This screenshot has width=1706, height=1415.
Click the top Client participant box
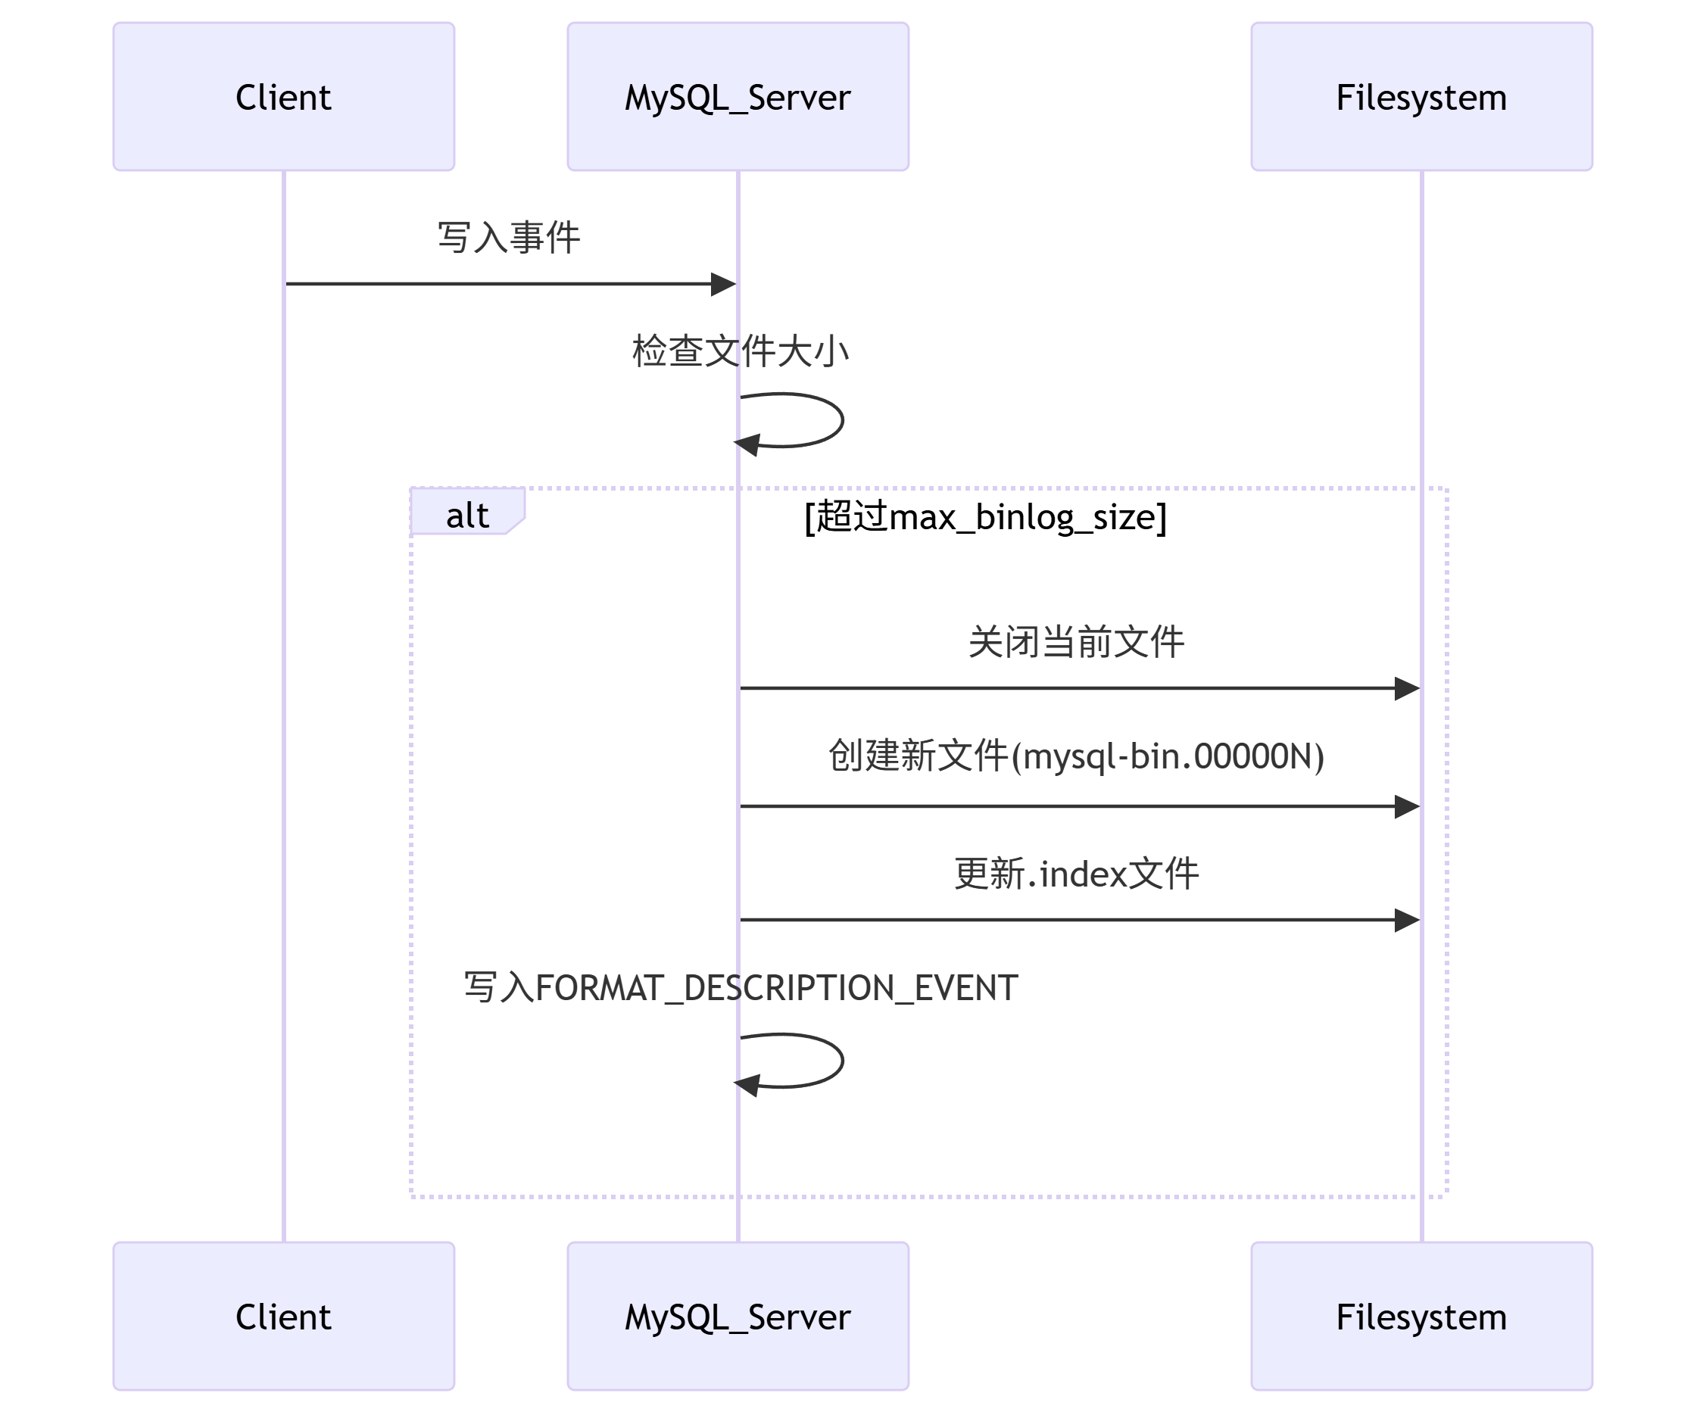(283, 97)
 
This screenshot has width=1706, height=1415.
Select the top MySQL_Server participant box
(738, 97)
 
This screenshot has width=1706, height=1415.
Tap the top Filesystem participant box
(1421, 97)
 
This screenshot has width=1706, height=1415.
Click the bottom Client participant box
(283, 1315)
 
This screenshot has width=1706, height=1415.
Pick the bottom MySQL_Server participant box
(738, 1315)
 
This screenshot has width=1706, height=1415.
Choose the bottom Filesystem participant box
(1421, 1315)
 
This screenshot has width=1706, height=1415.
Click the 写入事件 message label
(509, 238)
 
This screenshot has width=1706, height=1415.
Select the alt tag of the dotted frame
(467, 515)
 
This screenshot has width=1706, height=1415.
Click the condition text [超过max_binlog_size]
(984, 516)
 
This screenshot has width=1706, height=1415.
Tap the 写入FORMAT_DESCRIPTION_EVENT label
(740, 988)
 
